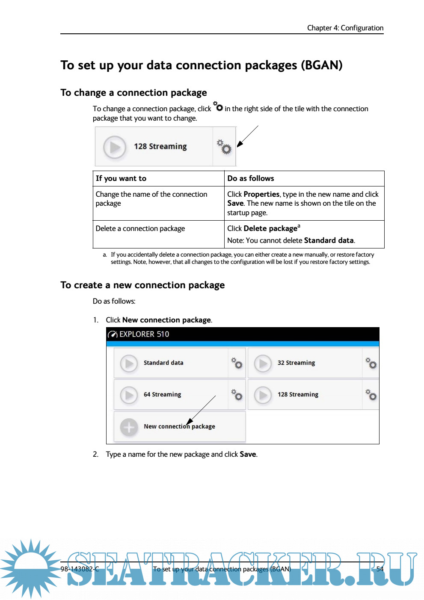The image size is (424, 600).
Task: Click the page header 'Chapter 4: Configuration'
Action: click(345, 28)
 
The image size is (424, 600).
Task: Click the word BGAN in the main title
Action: click(321, 65)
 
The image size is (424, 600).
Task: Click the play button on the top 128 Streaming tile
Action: click(115, 147)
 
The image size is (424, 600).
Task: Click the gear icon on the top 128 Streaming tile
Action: click(224, 147)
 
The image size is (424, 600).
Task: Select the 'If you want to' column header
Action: click(121, 178)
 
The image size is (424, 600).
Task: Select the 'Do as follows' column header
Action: click(251, 178)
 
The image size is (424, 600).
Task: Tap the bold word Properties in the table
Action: click(261, 194)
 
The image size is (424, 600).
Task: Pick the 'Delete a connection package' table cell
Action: click(140, 228)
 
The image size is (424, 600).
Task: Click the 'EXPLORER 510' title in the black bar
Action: click(144, 334)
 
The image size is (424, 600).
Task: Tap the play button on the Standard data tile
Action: click(129, 363)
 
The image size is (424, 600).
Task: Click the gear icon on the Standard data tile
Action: click(237, 363)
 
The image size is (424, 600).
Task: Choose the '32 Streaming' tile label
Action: click(296, 363)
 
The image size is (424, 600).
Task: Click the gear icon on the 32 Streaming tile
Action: click(371, 363)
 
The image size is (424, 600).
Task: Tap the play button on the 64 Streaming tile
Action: click(129, 395)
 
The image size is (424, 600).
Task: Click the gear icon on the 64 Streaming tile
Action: click(237, 395)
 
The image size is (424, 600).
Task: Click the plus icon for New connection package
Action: click(129, 427)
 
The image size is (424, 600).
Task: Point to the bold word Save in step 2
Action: click(248, 454)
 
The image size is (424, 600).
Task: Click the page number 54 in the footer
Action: click(380, 569)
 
